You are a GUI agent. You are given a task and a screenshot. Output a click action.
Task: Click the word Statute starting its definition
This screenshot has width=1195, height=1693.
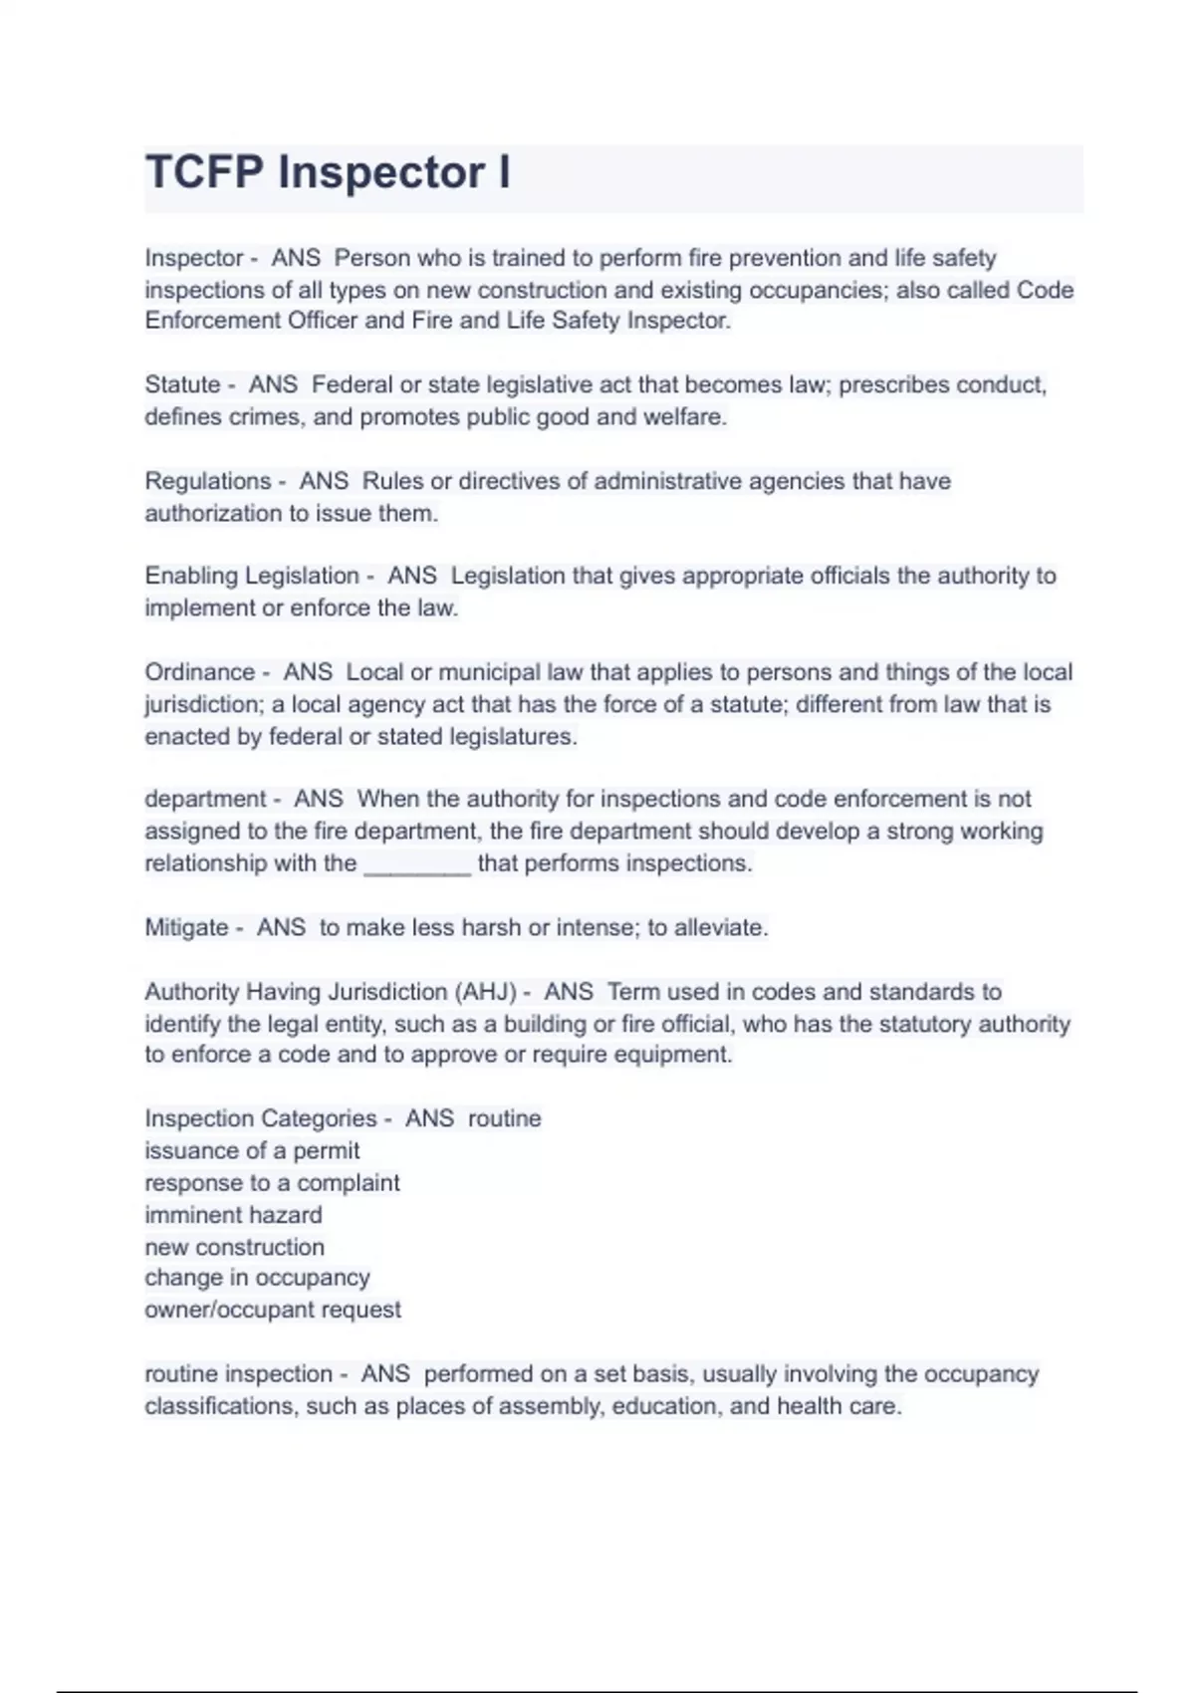coord(182,385)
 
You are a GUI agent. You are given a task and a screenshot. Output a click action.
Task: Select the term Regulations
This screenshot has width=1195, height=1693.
coord(207,481)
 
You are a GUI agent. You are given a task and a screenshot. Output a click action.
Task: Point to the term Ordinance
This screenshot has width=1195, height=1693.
coord(199,672)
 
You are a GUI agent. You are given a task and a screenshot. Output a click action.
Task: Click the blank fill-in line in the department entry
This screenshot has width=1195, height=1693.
coord(417,865)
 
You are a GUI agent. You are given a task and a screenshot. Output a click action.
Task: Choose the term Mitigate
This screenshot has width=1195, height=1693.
coord(186,928)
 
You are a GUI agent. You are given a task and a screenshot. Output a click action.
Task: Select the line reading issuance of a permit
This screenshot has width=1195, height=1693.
coord(252,1151)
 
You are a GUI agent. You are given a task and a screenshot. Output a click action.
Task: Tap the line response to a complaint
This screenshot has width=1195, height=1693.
coord(272,1183)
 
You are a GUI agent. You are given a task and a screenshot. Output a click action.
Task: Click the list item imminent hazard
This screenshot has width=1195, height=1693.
coord(233,1215)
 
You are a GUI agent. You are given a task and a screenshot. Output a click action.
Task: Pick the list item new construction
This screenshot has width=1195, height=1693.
coord(234,1247)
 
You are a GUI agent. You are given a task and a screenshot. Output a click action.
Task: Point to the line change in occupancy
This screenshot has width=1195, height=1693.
coord(257,1278)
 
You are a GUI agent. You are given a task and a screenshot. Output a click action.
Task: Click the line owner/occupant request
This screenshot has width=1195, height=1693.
coord(273,1310)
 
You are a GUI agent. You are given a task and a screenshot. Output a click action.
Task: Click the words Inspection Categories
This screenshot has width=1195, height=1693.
coord(261,1119)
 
